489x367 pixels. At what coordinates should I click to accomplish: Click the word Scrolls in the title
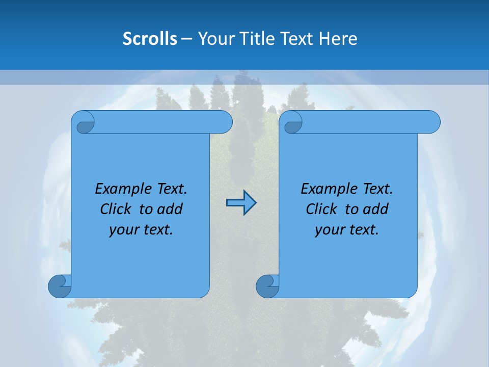click(150, 38)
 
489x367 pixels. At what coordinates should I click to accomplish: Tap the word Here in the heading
click(338, 38)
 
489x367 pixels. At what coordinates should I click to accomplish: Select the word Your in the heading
click(214, 38)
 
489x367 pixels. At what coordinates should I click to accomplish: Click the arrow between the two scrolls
click(241, 203)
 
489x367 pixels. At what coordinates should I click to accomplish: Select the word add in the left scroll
click(171, 209)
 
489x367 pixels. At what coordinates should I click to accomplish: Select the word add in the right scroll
click(376, 209)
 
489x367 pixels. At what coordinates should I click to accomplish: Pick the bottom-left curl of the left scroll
click(59, 285)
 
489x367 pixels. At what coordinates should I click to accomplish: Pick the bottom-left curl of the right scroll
click(267, 285)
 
